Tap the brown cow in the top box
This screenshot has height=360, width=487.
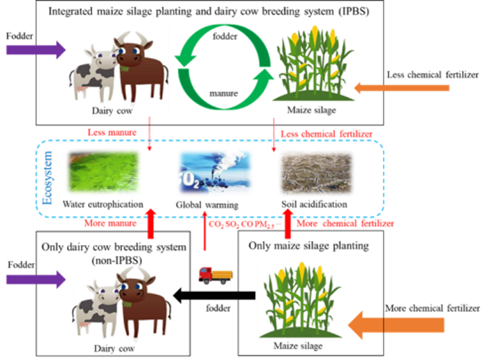coord(142,68)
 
